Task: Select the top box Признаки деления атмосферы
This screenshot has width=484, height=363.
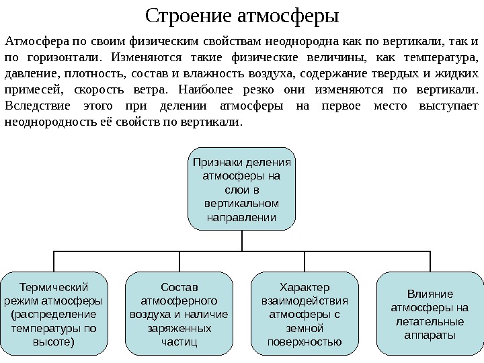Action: coord(241,189)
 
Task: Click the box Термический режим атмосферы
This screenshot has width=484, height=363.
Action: coord(54,313)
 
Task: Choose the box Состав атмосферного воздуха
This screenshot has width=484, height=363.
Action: coord(179,313)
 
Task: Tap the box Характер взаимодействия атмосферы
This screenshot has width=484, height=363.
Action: coord(305,313)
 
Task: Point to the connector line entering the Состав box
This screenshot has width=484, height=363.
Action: coord(179,262)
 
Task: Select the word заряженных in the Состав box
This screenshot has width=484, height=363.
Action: coord(179,329)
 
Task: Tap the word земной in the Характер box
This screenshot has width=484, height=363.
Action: coord(305,329)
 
